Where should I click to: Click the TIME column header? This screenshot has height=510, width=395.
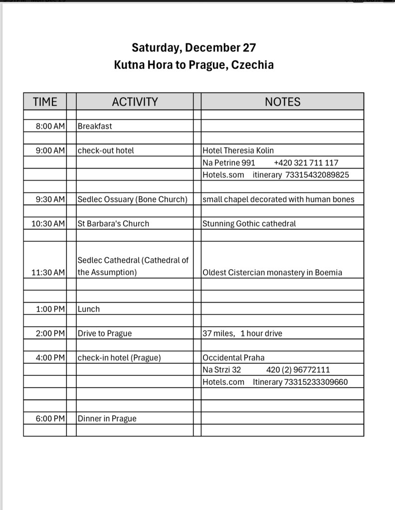point(45,102)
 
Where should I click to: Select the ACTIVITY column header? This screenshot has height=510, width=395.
point(135,102)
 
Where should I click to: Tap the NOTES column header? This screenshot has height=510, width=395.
point(282,102)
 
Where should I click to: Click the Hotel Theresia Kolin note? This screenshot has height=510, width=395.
point(238,150)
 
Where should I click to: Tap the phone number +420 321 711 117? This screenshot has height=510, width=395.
point(306,163)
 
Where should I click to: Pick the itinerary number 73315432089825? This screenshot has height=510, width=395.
point(317,174)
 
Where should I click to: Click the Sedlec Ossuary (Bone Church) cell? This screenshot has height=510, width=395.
point(133,199)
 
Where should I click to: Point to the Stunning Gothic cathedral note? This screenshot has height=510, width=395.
point(249,223)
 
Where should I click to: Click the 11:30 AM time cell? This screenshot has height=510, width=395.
point(48,272)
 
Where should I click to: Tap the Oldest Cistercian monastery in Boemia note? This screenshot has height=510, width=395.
point(272,272)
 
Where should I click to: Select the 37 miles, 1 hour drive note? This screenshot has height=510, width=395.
point(242,333)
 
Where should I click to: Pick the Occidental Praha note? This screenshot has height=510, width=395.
point(233,357)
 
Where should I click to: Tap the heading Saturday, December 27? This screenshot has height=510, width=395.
point(194,48)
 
